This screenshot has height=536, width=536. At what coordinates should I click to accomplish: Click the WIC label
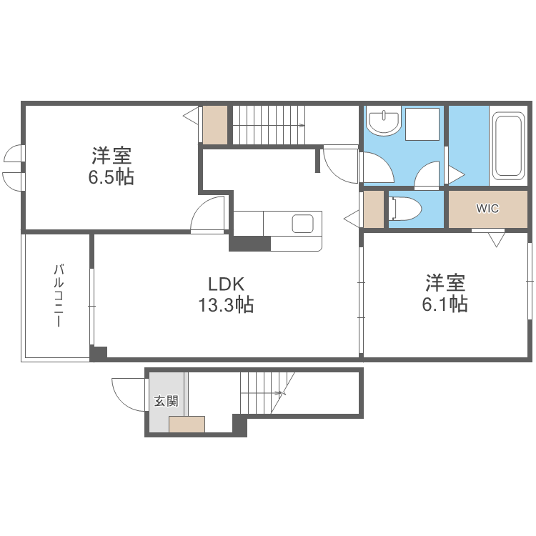[x=487, y=209]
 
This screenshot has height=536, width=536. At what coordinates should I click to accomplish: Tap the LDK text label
[x=226, y=283]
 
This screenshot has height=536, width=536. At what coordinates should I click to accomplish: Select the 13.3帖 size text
[x=226, y=306]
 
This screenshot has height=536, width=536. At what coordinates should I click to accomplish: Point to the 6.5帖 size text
[x=111, y=177]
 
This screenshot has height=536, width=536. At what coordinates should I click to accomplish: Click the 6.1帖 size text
[x=445, y=304]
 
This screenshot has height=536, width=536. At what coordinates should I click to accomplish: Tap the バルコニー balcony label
[x=57, y=295]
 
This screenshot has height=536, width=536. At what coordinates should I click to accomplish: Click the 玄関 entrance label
[x=167, y=402]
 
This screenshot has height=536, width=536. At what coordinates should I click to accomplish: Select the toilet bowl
[x=405, y=209]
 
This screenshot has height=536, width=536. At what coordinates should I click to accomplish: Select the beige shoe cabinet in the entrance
[x=187, y=425]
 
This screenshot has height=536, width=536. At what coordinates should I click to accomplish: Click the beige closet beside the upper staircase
[x=215, y=124]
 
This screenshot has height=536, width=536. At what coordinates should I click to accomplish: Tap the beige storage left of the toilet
[x=374, y=209]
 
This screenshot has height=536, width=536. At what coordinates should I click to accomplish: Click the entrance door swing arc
[x=123, y=395]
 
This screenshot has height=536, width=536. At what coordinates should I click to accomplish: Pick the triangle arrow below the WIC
[x=495, y=240]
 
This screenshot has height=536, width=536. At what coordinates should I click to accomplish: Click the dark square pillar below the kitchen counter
[x=249, y=244]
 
